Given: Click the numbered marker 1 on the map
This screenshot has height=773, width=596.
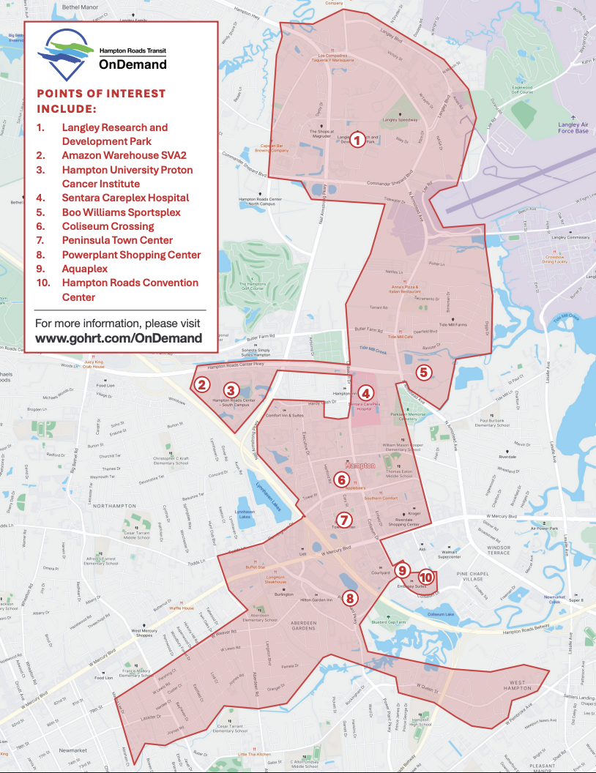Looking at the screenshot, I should (x=357, y=139).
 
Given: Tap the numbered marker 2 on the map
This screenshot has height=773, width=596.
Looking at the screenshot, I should (x=203, y=384).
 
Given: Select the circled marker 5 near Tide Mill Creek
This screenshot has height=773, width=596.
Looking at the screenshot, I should (x=422, y=372).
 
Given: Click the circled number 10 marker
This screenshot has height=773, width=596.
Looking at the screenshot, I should (x=426, y=578).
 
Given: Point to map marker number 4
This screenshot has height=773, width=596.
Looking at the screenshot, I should (x=365, y=394).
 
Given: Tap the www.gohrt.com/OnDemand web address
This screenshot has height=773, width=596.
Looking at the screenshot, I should (x=119, y=338).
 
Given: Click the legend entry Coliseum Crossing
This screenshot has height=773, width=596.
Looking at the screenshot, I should (x=108, y=226).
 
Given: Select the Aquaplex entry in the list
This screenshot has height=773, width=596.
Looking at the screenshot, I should (x=84, y=269).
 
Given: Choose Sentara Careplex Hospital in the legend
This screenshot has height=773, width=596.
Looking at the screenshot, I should (x=125, y=198).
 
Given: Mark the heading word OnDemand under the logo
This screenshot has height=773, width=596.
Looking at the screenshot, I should (x=133, y=64).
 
